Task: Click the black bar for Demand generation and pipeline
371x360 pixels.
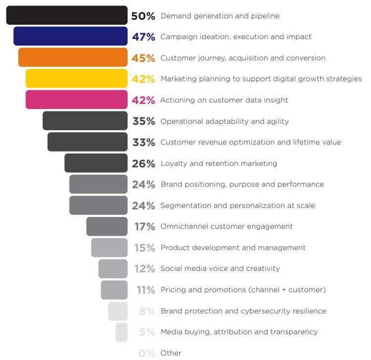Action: pyautogui.click(x=67, y=15)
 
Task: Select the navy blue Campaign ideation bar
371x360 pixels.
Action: pyautogui.click(x=70, y=37)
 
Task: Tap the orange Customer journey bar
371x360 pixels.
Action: pyautogui.click(x=73, y=57)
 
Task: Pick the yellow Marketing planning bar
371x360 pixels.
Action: pyautogui.click(x=76, y=79)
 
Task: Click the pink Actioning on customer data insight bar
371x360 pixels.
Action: pyautogui.click(x=76, y=100)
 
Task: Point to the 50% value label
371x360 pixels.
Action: pyautogui.click(x=143, y=16)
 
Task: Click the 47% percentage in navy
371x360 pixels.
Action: pyautogui.click(x=143, y=37)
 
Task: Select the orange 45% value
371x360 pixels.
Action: pyautogui.click(x=143, y=58)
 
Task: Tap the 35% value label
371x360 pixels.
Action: pyautogui.click(x=143, y=121)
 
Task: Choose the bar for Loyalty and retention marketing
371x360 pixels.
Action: pyautogui.click(x=95, y=163)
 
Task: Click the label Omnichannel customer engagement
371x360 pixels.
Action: pyautogui.click(x=227, y=226)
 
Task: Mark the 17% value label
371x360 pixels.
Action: pyautogui.click(x=144, y=227)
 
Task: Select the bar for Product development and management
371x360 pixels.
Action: pyautogui.click(x=109, y=248)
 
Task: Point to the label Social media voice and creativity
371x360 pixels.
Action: pyautogui.click(x=220, y=268)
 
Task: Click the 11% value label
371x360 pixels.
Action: pyautogui.click(x=146, y=290)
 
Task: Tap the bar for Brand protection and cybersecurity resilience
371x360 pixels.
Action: pyautogui.click(x=118, y=311)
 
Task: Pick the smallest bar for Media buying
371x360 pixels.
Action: pyautogui.click(x=121, y=332)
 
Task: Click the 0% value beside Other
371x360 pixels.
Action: pyautogui.click(x=147, y=353)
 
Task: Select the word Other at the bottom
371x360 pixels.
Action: pyautogui.click(x=171, y=353)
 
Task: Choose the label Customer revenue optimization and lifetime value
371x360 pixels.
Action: pyautogui.click(x=251, y=142)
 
